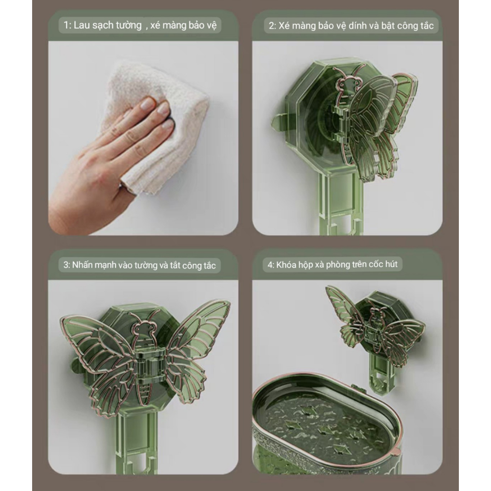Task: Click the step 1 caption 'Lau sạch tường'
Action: coord(107,25)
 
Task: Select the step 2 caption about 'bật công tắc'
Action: coord(351,25)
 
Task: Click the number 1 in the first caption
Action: coord(66,25)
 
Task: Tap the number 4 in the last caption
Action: coord(270,264)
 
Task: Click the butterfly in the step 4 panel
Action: coord(374,326)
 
